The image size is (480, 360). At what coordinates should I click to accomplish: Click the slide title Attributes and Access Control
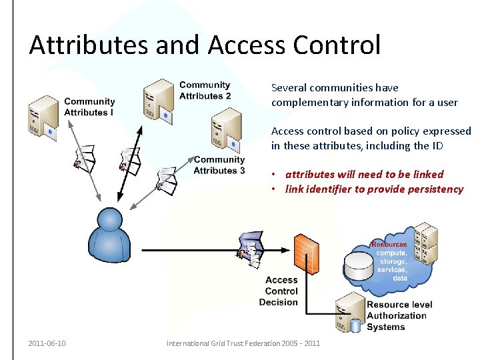tap(205, 45)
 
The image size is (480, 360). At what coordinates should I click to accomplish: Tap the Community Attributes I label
tap(89, 107)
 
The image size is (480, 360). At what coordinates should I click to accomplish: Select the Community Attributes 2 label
tap(205, 90)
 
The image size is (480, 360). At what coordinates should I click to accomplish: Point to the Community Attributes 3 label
tap(219, 165)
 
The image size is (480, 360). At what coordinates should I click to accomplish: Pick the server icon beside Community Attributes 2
tap(159, 101)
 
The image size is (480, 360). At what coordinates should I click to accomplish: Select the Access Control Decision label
tap(281, 291)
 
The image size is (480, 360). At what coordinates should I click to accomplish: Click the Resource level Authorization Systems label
tap(399, 315)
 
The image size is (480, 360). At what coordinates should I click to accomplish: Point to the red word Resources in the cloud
tap(389, 245)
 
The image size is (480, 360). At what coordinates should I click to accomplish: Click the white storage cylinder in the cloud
tap(358, 265)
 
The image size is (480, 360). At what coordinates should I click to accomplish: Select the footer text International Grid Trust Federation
tap(243, 343)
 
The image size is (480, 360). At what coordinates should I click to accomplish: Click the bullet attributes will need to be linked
tap(364, 174)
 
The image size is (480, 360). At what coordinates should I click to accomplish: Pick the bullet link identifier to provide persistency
tap(374, 189)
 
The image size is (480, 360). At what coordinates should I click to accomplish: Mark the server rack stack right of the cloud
tap(425, 244)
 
